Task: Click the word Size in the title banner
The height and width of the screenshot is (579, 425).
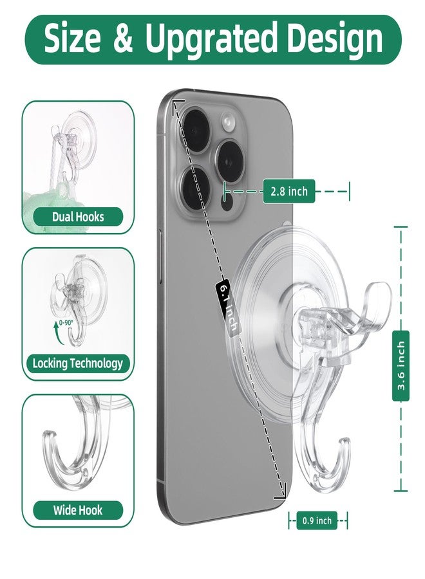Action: pos(72,39)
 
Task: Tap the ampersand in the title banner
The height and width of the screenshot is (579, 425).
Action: pos(122,39)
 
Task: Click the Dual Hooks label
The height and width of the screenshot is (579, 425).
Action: pos(78,217)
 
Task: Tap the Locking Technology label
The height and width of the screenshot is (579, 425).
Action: pos(78,363)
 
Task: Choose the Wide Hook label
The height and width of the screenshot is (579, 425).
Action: pos(78,510)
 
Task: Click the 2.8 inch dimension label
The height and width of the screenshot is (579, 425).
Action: pos(289,191)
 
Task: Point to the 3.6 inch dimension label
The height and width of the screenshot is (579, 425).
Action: pos(401,365)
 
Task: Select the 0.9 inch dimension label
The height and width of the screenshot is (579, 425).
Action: pos(317,520)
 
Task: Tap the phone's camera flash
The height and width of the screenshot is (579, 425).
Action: pos(229,122)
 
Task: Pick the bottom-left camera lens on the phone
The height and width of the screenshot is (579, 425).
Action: pos(194,187)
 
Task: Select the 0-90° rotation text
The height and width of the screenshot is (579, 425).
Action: pos(66,322)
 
